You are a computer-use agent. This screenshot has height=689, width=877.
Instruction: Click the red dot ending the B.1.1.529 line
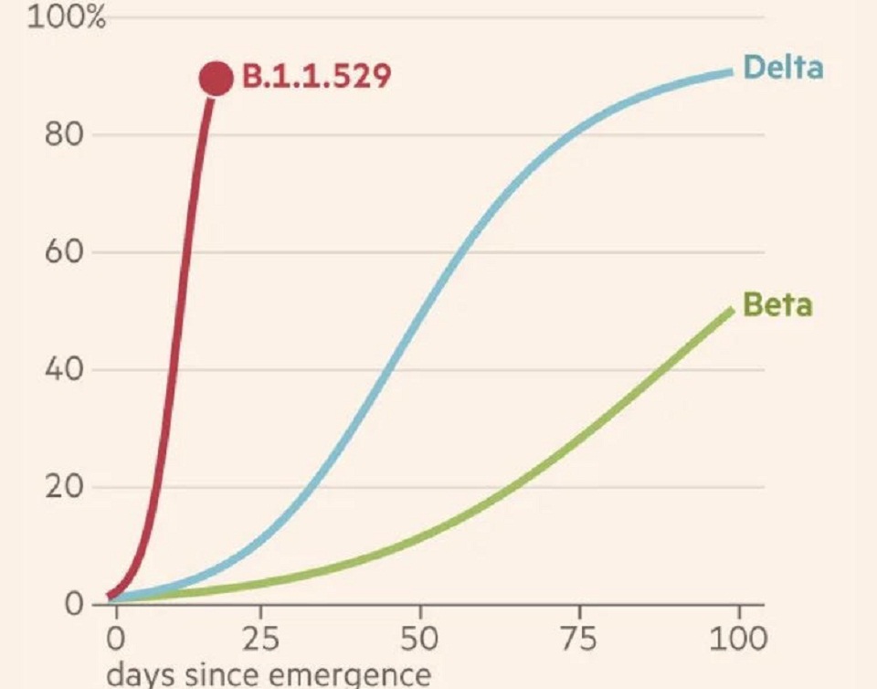pos(217,79)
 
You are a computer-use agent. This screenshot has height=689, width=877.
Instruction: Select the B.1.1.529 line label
pos(316,77)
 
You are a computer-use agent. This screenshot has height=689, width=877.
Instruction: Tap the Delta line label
pos(783,68)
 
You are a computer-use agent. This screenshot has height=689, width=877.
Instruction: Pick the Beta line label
pos(777,304)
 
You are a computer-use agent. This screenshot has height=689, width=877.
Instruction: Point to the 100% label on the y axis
pos(68,18)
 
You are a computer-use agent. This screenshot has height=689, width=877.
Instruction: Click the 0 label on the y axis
pos(77,605)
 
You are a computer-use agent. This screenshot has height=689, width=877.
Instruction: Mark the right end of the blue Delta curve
pos(732,71)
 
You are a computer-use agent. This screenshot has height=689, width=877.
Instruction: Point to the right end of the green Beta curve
pos(731,311)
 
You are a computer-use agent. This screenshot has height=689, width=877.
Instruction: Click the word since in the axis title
pos(225,675)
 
